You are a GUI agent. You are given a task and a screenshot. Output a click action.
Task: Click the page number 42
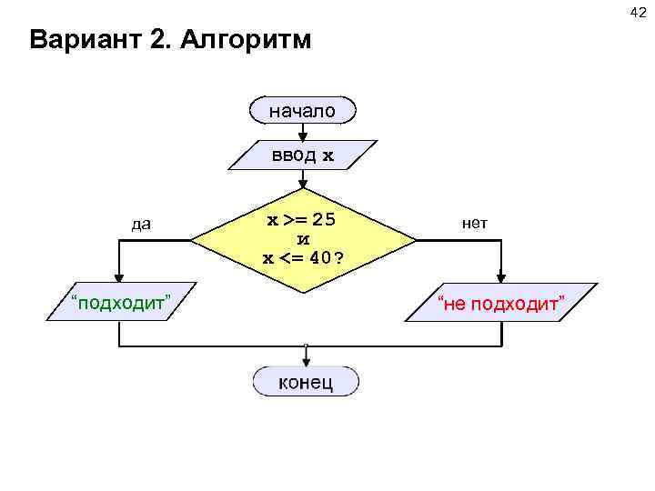[636, 10]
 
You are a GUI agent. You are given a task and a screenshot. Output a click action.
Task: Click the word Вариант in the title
[81, 41]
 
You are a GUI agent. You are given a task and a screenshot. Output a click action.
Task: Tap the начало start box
[302, 111]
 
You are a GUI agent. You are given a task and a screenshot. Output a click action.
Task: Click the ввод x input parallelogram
[302, 155]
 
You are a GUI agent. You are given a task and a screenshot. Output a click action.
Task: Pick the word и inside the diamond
[304, 238]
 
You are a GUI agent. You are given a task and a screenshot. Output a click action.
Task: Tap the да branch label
[141, 224]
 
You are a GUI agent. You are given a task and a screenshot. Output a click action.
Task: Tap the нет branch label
[475, 223]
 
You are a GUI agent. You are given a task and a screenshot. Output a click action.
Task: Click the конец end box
[306, 381]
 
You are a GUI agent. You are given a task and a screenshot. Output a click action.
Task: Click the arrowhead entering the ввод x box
[302, 136]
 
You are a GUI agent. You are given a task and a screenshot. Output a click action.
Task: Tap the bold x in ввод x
[328, 155]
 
